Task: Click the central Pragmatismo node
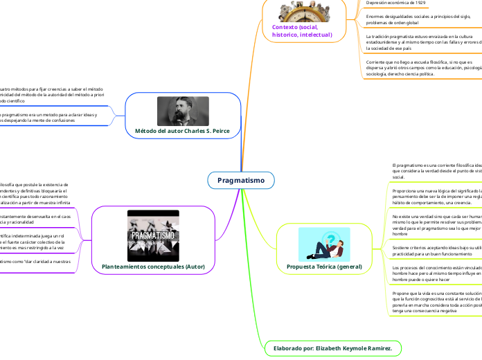(x=241, y=181)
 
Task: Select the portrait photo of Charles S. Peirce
(x=183, y=111)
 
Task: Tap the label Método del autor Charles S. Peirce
(x=184, y=131)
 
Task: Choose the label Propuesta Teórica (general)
(x=321, y=266)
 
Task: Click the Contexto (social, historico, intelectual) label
(x=302, y=30)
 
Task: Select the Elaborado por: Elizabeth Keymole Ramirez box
(x=332, y=347)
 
